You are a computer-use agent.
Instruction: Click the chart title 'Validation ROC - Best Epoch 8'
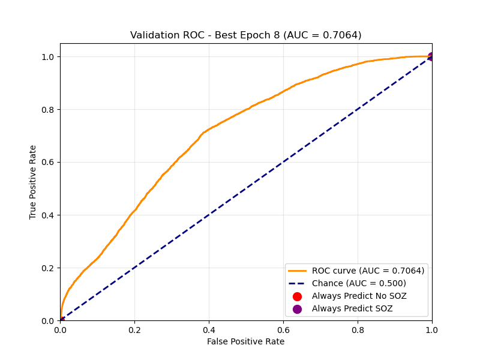(245, 35)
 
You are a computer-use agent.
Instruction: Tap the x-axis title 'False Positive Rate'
(245, 341)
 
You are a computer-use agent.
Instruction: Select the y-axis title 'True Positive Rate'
(33, 182)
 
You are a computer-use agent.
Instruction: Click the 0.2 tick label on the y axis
(48, 268)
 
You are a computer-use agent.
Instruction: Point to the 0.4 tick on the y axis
(48, 215)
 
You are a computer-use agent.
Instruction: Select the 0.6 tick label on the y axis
(48, 162)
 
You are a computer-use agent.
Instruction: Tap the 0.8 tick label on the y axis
(48, 109)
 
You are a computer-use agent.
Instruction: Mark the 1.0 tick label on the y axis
(48, 56)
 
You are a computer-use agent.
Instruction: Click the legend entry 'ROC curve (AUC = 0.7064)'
(368, 271)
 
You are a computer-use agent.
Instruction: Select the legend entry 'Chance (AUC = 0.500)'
(359, 283)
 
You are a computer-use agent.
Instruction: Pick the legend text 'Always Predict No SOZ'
(359, 296)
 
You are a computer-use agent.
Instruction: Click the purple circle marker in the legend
(297, 308)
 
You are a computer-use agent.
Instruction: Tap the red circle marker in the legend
(297, 296)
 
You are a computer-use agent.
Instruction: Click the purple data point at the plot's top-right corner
(431, 56)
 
